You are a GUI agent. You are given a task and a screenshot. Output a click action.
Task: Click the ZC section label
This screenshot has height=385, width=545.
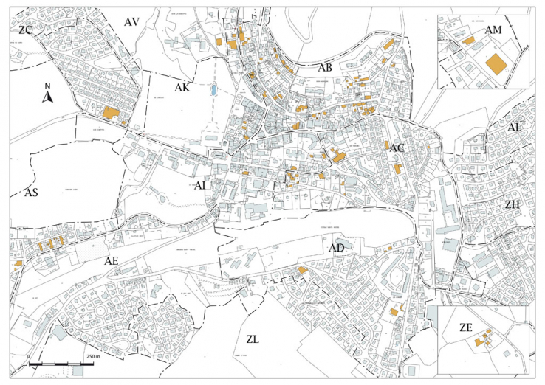tap(26, 30)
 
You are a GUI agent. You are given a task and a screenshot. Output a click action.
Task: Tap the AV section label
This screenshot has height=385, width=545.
tap(132, 22)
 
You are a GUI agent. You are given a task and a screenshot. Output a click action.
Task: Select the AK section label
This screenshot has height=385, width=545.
tap(182, 88)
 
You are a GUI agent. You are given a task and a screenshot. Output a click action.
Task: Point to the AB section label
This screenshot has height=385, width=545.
tap(324, 67)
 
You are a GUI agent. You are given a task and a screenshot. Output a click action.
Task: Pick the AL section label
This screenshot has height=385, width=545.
tap(515, 128)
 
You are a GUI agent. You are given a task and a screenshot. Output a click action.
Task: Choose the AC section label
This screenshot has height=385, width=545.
tap(397, 148)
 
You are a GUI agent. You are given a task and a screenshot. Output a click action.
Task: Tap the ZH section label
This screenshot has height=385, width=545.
tap(513, 203)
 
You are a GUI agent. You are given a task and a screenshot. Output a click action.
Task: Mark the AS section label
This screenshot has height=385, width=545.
tap(32, 192)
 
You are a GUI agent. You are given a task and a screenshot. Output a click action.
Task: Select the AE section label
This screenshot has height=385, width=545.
tap(112, 261)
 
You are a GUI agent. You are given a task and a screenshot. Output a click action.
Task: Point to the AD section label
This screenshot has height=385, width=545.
tap(337, 249)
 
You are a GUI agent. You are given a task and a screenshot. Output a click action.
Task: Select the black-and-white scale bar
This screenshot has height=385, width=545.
tap(55, 364)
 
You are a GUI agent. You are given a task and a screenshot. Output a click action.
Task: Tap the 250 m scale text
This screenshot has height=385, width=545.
tap(92, 356)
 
